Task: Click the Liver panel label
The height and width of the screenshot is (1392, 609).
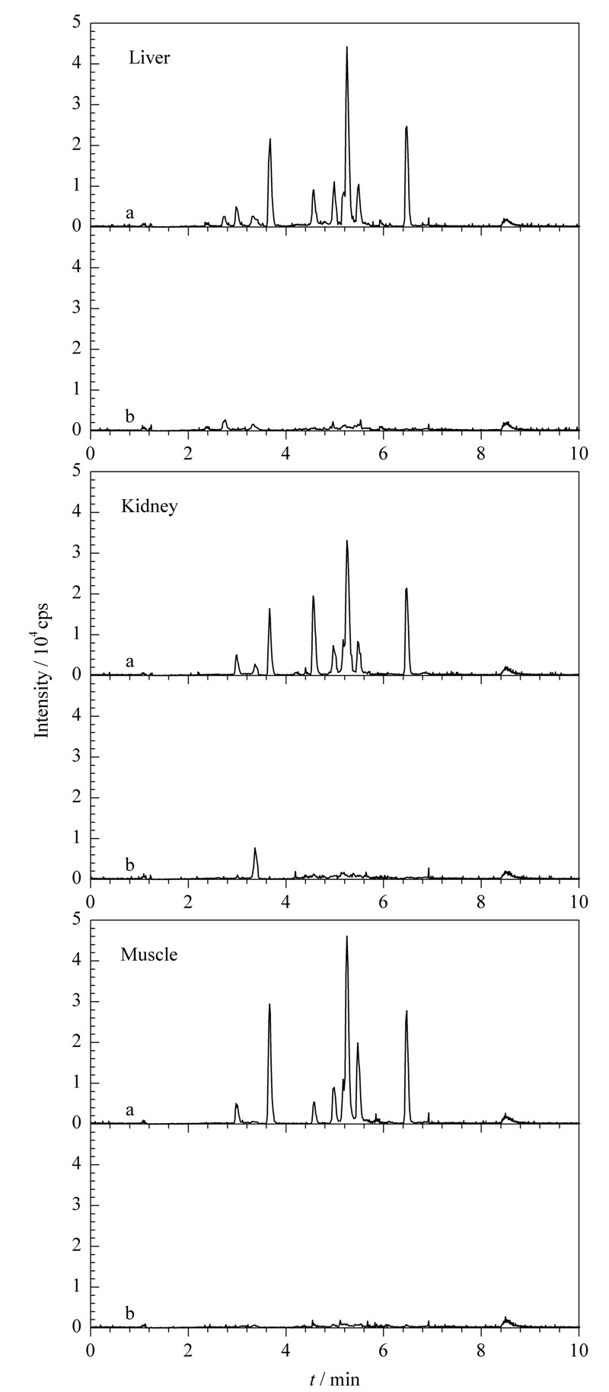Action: (x=148, y=58)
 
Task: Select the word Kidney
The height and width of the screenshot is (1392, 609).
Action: (x=149, y=506)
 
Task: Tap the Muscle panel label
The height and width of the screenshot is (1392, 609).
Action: (x=149, y=954)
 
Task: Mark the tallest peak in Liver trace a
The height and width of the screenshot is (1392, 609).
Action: (x=347, y=47)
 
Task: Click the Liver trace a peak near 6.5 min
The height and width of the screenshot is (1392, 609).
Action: (x=407, y=127)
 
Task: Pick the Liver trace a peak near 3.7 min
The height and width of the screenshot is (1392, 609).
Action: (x=269, y=139)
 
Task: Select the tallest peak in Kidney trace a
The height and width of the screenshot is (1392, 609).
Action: (x=347, y=541)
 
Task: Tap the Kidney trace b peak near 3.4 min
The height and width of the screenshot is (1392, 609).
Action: (x=255, y=848)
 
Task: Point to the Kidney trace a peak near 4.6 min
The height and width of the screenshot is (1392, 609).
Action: (x=313, y=597)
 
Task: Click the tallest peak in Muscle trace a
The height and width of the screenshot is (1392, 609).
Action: (x=347, y=937)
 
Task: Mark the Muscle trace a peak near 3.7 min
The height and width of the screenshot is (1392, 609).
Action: (x=269, y=1005)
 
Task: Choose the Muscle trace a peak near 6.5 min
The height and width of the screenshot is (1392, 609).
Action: (x=407, y=1012)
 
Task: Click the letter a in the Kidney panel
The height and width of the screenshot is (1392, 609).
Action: (x=130, y=663)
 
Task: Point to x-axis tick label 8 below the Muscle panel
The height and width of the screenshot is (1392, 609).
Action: (x=481, y=1348)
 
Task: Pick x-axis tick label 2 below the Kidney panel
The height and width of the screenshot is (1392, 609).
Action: (x=188, y=900)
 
